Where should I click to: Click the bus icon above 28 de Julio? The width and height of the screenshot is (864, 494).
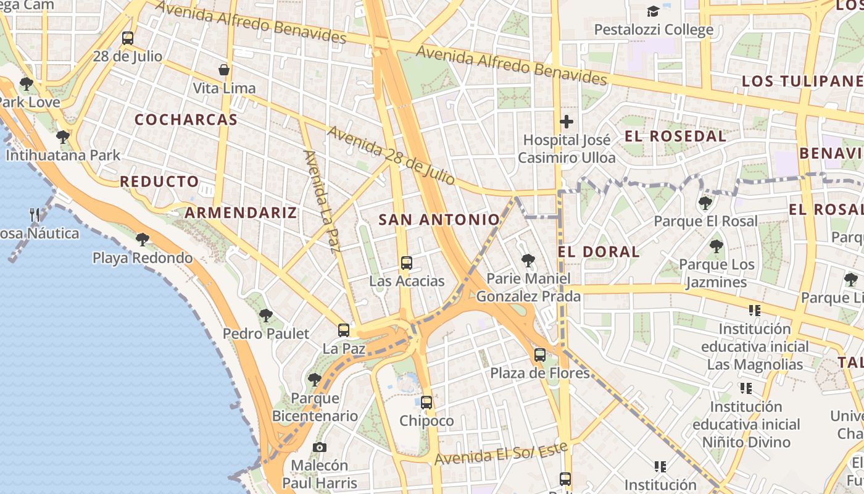click(x=128, y=38)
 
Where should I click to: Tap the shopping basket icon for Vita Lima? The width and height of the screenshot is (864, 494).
click(x=224, y=70)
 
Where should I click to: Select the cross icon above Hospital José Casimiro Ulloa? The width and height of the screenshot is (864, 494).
click(x=567, y=122)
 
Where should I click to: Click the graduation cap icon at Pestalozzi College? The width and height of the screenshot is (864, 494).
click(x=653, y=11)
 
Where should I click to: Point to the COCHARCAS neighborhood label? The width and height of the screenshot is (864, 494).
click(x=186, y=120)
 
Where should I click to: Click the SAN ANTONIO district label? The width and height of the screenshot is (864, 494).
click(x=439, y=219)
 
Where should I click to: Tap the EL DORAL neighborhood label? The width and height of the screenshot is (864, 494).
click(x=599, y=252)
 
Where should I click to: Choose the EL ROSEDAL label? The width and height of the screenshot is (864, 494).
click(x=675, y=136)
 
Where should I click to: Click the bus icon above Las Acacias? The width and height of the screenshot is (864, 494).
click(x=406, y=263)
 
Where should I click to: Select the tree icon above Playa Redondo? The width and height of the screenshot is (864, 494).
click(x=143, y=239)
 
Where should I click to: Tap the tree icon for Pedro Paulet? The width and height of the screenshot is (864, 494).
click(x=265, y=316)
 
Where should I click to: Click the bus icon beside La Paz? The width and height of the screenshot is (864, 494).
click(x=344, y=330)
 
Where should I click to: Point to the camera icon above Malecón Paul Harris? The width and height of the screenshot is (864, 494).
click(x=319, y=447)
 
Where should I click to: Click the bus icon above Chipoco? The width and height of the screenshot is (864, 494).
click(x=426, y=403)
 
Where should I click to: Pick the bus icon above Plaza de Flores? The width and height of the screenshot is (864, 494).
click(x=540, y=355)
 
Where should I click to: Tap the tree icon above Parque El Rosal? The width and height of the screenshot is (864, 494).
click(x=705, y=203)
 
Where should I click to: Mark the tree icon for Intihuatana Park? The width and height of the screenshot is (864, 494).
click(x=62, y=136)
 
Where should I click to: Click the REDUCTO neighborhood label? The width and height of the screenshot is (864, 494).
click(x=159, y=182)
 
